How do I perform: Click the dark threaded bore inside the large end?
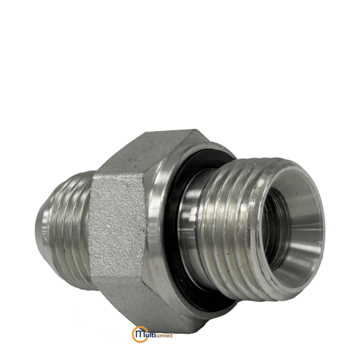click(x=277, y=230)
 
